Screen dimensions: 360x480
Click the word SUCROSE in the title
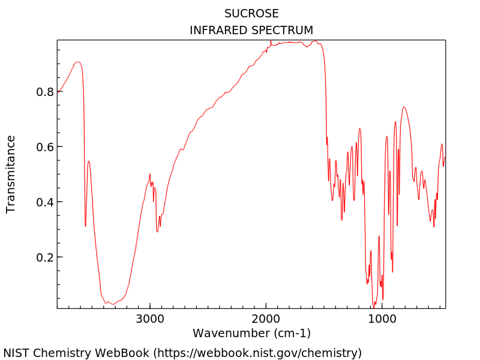[x=251, y=13]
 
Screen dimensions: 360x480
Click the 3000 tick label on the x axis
[x=149, y=318]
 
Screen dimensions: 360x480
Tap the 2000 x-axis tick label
[x=265, y=318]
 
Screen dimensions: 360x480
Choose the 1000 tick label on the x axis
[x=381, y=318]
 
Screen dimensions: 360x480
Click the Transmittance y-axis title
[x=11, y=174]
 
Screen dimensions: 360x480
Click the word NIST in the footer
[x=17, y=353]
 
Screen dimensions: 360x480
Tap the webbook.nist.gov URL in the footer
[x=258, y=353]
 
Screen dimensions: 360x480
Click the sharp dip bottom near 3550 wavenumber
[x=86, y=226]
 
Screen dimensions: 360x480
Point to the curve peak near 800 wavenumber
[x=404, y=107]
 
